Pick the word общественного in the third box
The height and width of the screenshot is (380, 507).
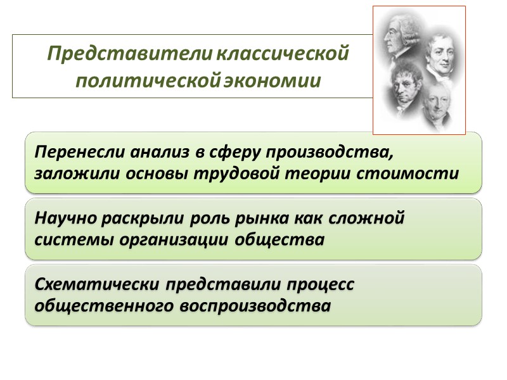point(105,305)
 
